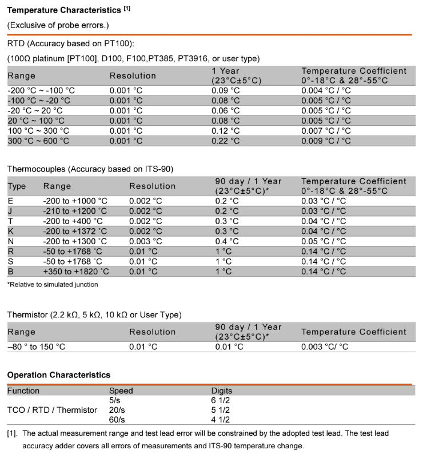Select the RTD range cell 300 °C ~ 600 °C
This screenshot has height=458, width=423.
[38, 141]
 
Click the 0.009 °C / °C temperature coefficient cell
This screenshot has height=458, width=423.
[326, 141]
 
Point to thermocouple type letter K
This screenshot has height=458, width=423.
[10, 231]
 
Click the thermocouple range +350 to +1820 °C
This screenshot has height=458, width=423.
[75, 271]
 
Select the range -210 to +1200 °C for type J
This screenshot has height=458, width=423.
[75, 211]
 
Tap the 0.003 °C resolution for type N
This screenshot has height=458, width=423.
[146, 241]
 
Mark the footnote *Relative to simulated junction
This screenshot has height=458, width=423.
[52, 284]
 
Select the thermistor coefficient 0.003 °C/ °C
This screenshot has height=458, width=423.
[325, 347]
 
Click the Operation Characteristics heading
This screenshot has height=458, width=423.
[58, 375]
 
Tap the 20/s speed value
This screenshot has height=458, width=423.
[117, 410]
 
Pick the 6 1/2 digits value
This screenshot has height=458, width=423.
[221, 400]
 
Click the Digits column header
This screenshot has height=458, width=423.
[222, 391]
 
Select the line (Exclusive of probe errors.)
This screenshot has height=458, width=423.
[57, 25]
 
